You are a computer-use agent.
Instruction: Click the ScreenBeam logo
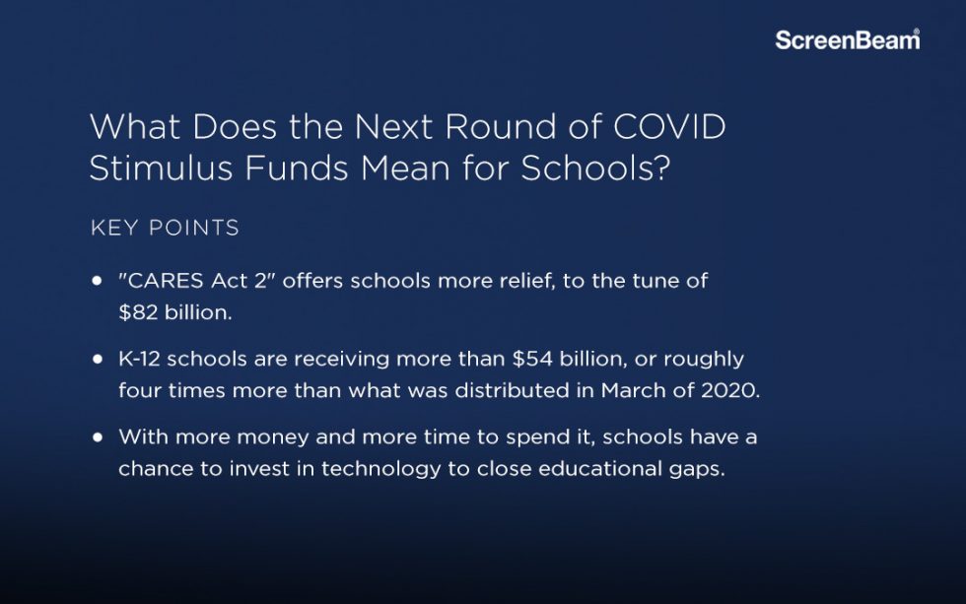point(847,40)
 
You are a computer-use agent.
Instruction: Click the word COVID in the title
point(670,127)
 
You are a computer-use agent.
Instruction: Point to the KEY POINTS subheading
point(165,229)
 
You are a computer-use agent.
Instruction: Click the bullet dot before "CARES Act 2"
point(98,281)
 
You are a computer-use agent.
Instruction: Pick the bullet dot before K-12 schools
point(98,359)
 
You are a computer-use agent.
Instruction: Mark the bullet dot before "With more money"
point(98,436)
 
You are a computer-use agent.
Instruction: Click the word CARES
point(165,281)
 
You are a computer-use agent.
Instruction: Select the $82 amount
point(136,311)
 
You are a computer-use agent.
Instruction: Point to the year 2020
point(731,389)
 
